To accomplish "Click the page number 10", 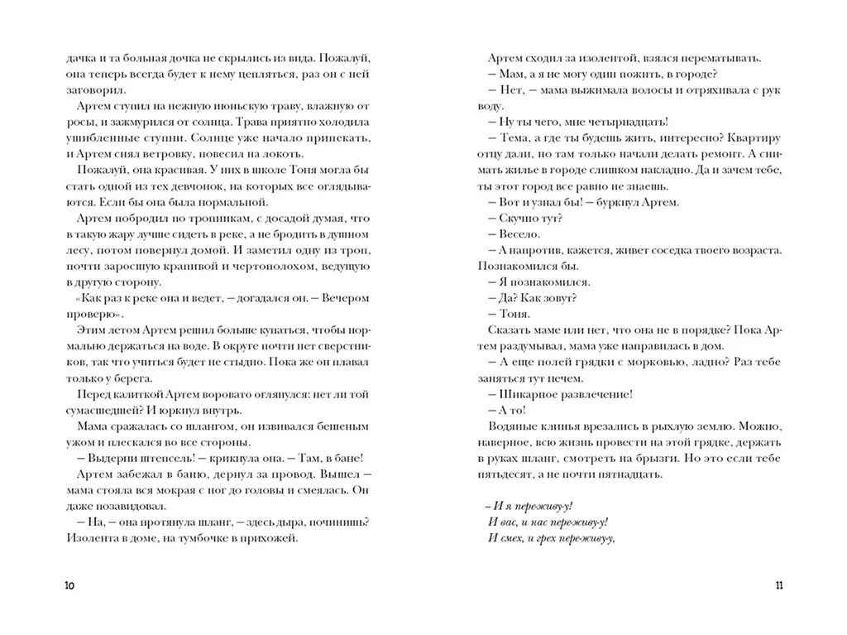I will coord(69,586).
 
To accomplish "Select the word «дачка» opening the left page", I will coord(82,59).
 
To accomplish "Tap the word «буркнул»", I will coord(618,202).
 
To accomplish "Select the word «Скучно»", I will coord(519,218).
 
